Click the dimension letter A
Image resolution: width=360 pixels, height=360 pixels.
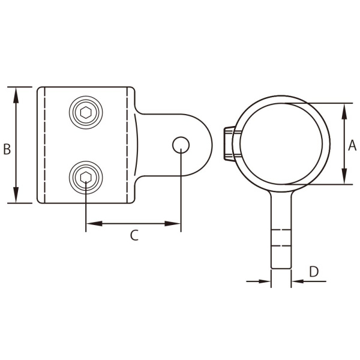click(352, 144)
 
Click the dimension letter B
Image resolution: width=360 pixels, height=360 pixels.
click(7, 149)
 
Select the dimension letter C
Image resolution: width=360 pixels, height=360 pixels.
click(134, 236)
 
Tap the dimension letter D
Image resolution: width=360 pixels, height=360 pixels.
click(314, 271)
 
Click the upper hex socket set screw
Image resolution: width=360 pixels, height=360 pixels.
click(86, 112)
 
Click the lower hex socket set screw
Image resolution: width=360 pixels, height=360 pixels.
click(86, 176)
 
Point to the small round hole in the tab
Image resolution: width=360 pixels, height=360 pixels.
click(181, 145)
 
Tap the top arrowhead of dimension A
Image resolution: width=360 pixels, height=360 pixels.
click(344, 109)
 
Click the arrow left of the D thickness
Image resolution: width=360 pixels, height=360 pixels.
click(265, 280)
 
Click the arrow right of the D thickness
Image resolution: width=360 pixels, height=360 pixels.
click(298, 280)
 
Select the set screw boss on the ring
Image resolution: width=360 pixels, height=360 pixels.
click(229, 144)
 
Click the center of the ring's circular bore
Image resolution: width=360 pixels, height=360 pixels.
click(280, 144)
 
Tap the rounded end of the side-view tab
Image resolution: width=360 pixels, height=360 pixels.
click(201, 145)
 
